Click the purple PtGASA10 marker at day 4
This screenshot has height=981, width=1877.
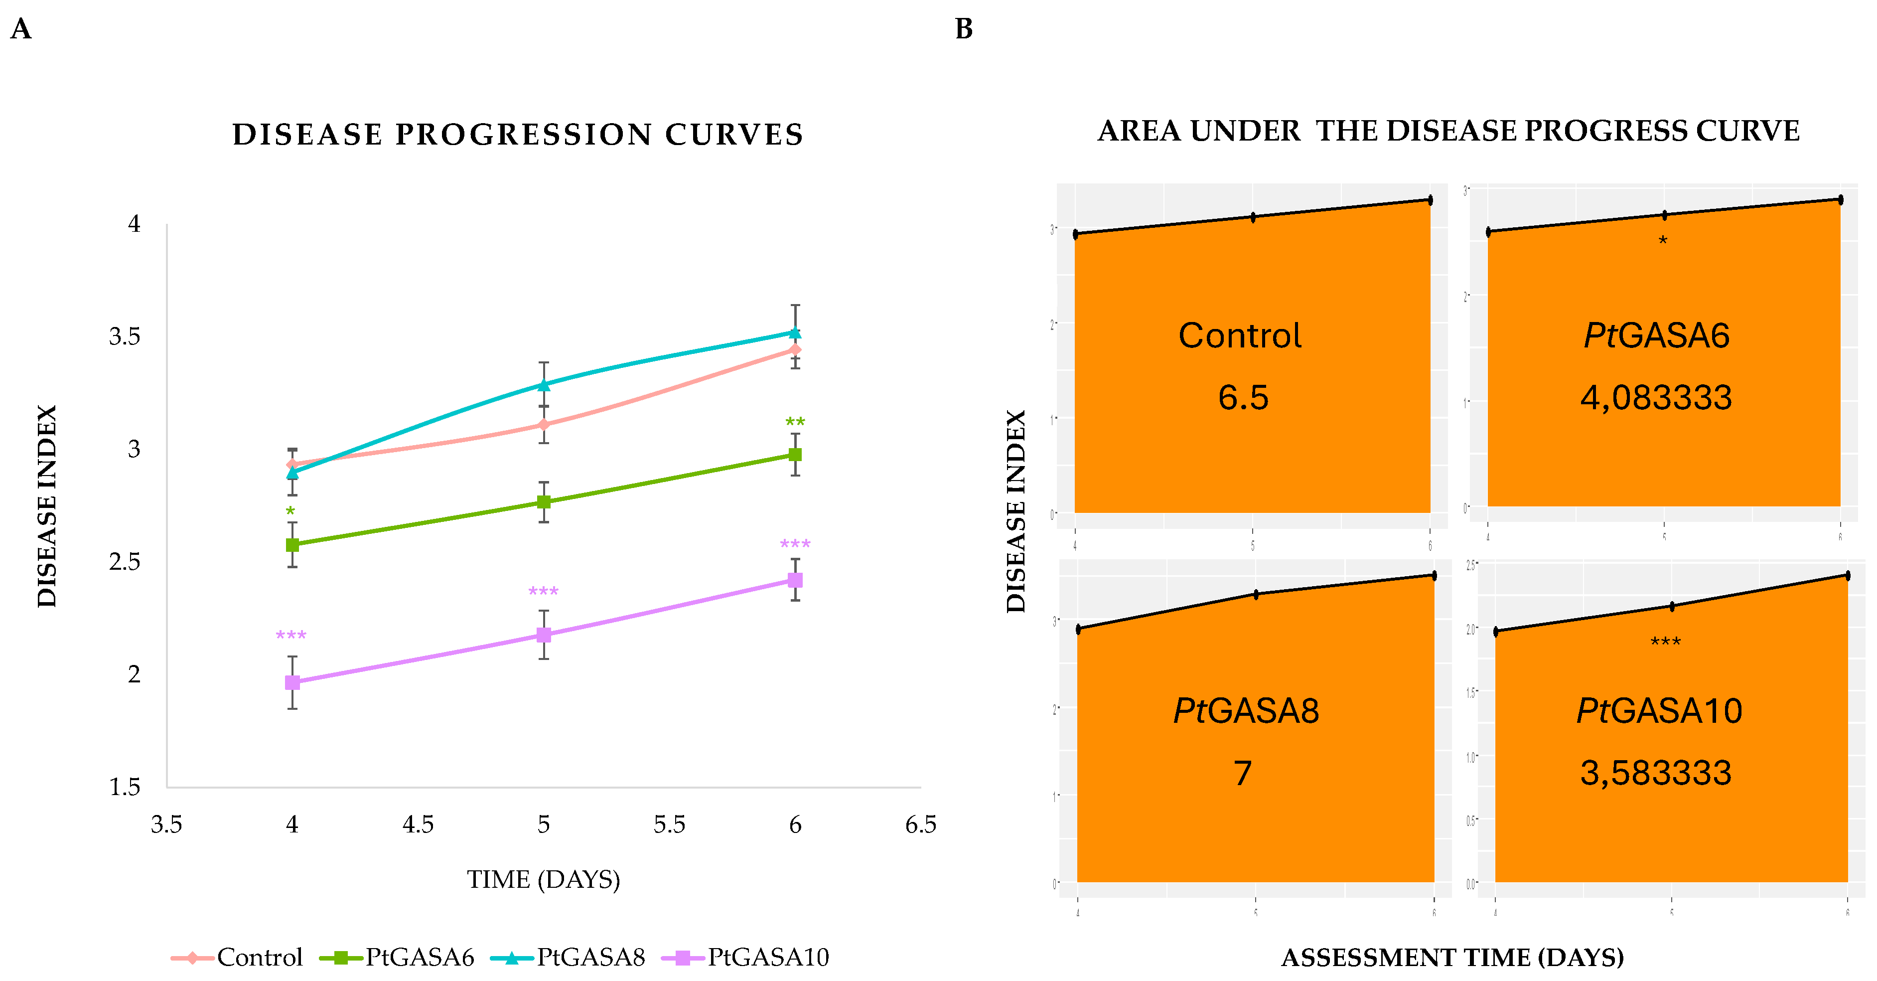(292, 682)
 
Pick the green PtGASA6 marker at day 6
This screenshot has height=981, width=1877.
(795, 455)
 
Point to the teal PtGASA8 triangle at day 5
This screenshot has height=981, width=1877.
(544, 385)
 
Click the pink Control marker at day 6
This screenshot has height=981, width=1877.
(795, 350)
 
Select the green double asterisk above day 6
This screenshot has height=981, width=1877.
(795, 423)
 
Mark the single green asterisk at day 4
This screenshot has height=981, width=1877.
(290, 511)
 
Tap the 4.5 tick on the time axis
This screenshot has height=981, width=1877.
(418, 824)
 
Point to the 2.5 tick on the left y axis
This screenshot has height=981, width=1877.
(125, 562)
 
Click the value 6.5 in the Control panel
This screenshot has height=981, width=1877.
(1243, 398)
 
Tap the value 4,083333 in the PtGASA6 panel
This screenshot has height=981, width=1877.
(1655, 398)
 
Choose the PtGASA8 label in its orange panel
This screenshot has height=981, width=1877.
(1246, 711)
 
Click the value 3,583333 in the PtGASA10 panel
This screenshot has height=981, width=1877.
(1655, 773)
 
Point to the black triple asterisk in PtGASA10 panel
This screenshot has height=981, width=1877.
(1665, 642)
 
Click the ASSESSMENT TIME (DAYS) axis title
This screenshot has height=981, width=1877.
(1452, 957)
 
